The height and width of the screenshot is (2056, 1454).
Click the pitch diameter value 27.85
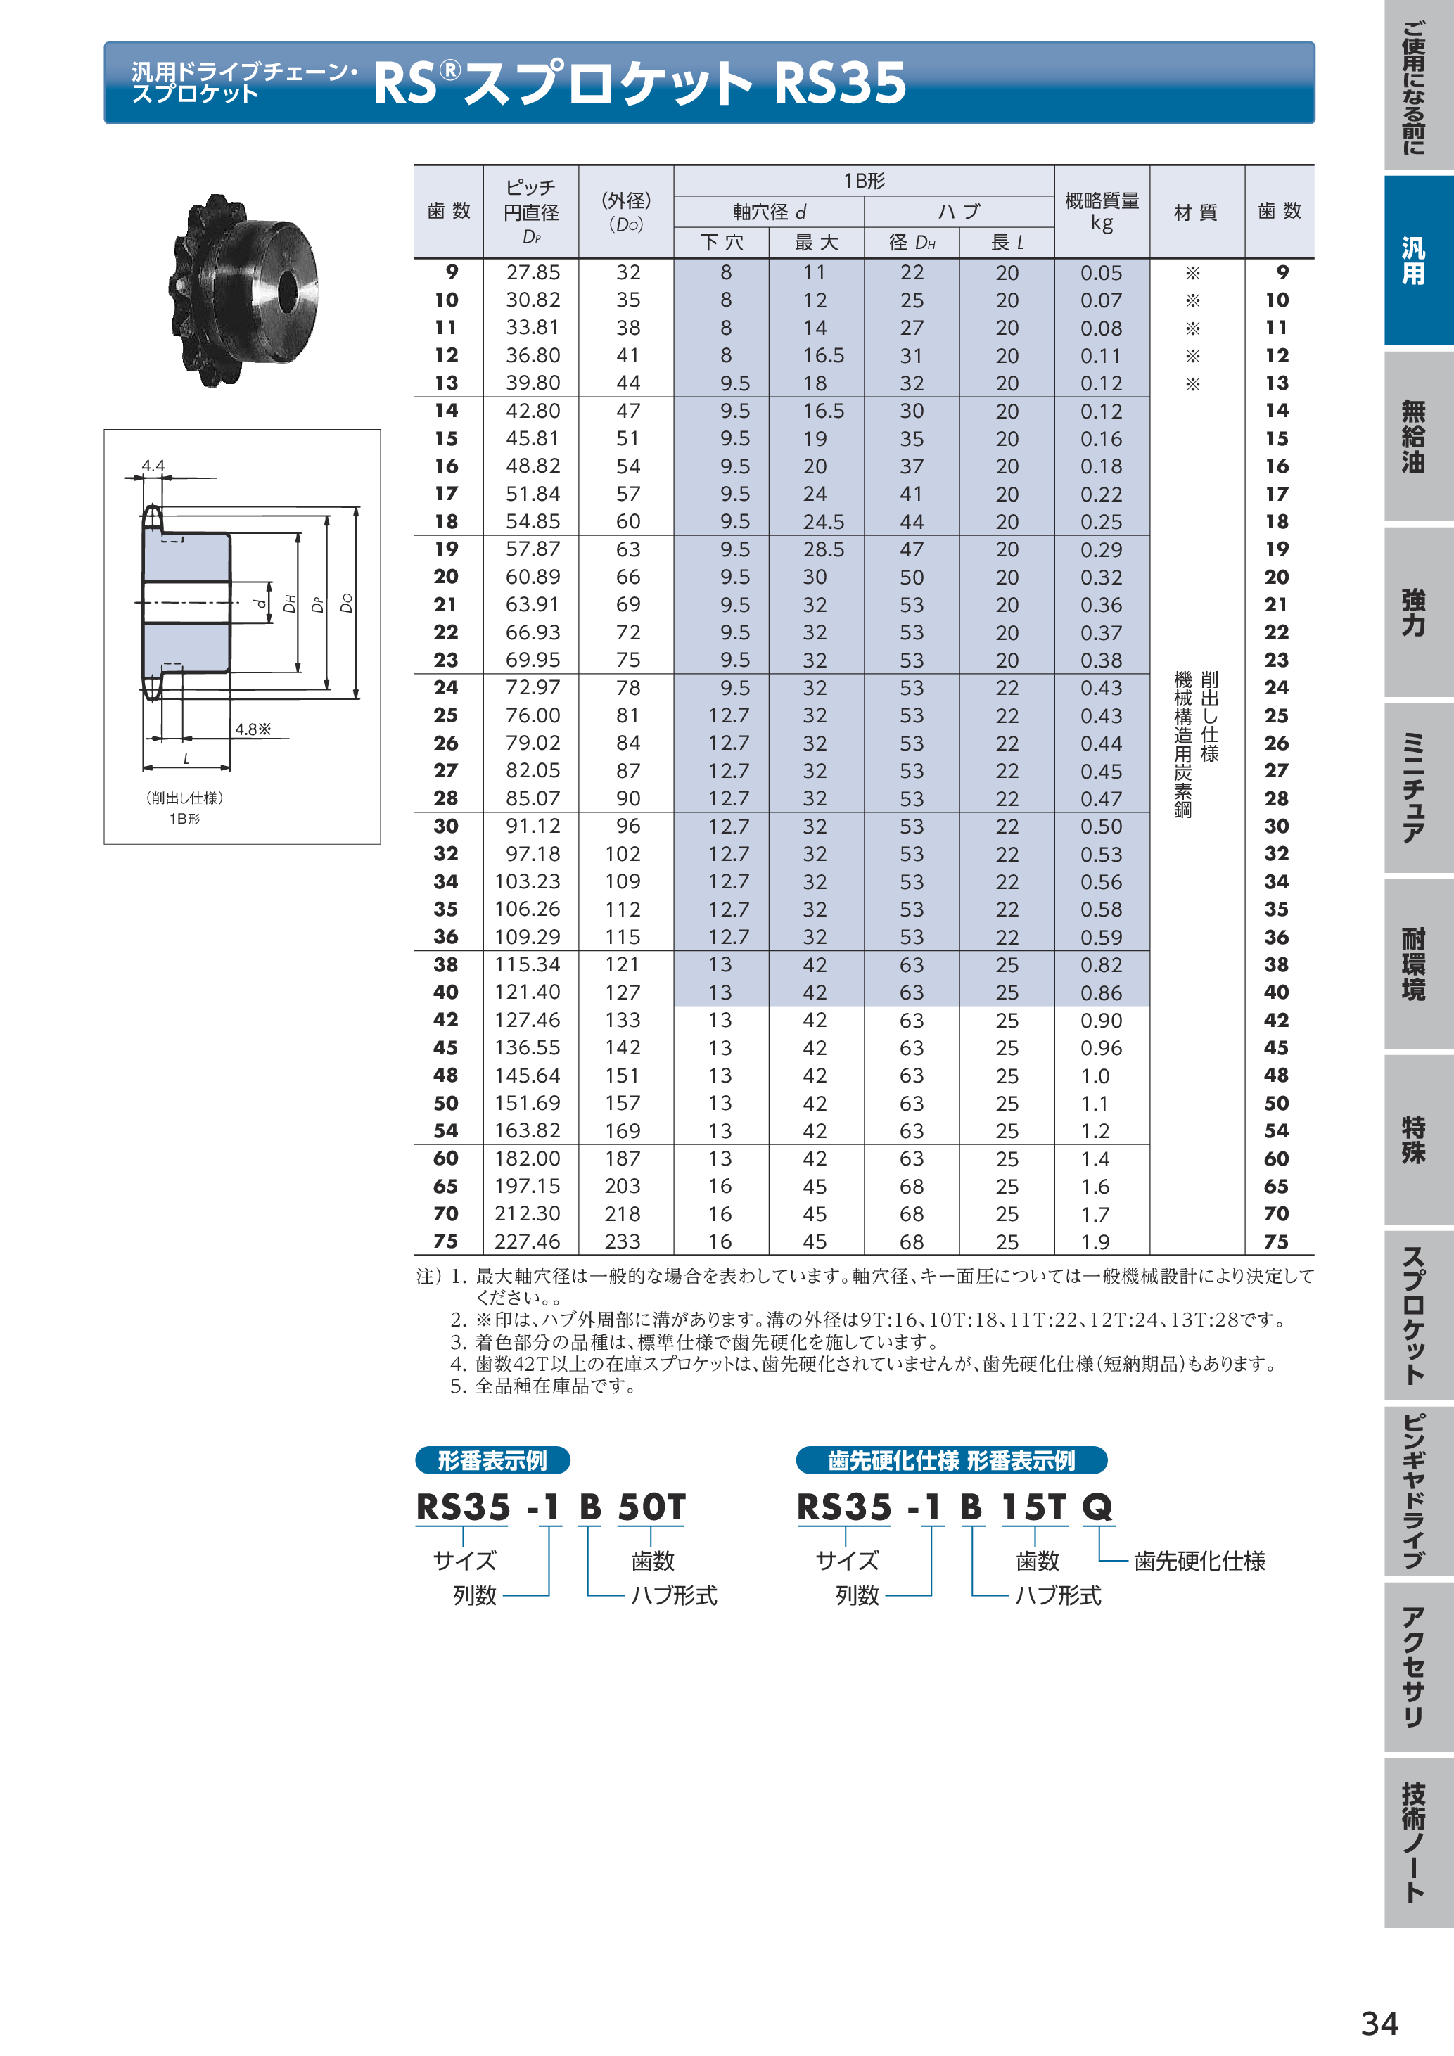(x=532, y=272)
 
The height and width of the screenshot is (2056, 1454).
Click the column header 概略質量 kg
(x=1102, y=211)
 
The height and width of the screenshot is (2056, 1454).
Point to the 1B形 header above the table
(x=863, y=181)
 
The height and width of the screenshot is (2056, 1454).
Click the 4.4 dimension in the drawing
(x=153, y=466)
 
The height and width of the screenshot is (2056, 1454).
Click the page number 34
(x=1379, y=2023)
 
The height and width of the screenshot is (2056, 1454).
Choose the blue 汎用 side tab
(x=1415, y=260)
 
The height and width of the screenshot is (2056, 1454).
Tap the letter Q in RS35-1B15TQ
(x=1097, y=1507)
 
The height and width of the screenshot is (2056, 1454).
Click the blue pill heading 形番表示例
(x=492, y=1460)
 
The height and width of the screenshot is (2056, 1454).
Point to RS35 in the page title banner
(x=839, y=82)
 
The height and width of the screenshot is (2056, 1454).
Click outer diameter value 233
(x=623, y=1241)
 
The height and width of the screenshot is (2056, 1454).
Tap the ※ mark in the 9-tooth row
(x=1192, y=273)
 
